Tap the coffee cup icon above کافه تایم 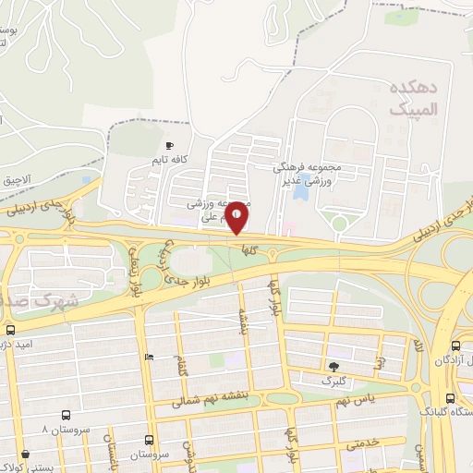(x=169, y=146)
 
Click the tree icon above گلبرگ (x=333, y=366)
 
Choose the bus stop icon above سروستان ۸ (x=66, y=416)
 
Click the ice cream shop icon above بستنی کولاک (x=23, y=455)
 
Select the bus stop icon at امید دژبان (x=10, y=330)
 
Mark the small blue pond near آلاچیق (x=86, y=180)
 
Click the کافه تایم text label (x=170, y=160)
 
